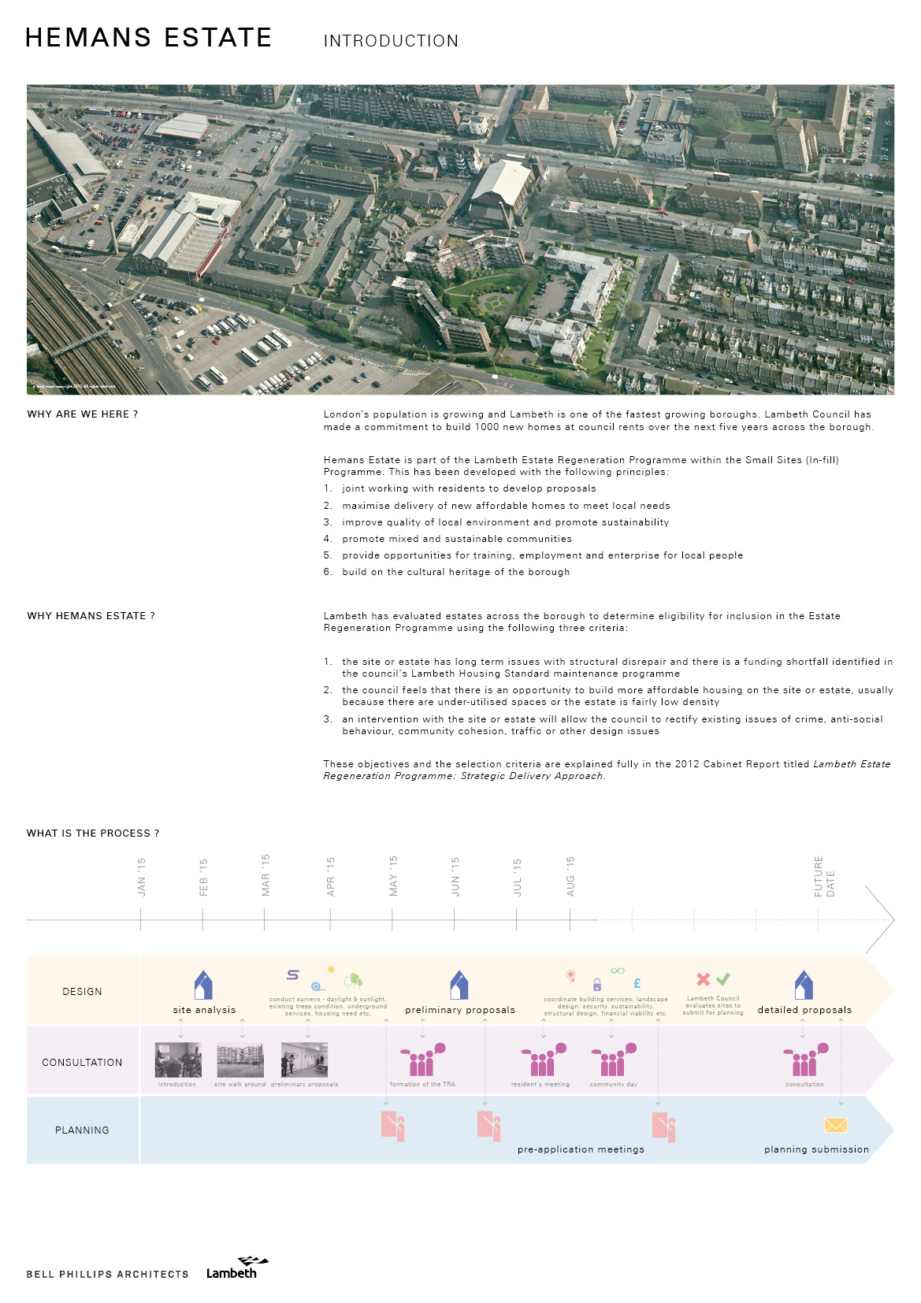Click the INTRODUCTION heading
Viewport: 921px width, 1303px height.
(x=391, y=41)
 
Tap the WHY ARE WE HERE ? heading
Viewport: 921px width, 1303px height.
(x=83, y=414)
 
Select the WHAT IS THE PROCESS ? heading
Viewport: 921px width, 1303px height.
(x=93, y=833)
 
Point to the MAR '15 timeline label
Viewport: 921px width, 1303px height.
(x=266, y=874)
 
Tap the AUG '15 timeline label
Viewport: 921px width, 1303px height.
(x=570, y=876)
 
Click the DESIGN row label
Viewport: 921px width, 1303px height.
(x=82, y=992)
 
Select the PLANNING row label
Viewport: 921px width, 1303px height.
(x=82, y=1130)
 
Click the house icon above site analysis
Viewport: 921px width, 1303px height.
(x=203, y=986)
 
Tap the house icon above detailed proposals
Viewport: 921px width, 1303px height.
(x=804, y=986)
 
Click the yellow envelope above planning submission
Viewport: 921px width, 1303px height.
(x=835, y=1125)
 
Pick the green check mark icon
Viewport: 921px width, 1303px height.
(x=723, y=979)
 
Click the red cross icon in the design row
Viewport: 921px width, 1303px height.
(x=704, y=979)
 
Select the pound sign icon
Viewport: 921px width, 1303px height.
(x=637, y=983)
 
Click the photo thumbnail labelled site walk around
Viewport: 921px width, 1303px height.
(x=240, y=1060)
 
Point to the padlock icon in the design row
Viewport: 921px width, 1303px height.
(x=597, y=985)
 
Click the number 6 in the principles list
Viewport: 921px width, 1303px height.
(x=328, y=572)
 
